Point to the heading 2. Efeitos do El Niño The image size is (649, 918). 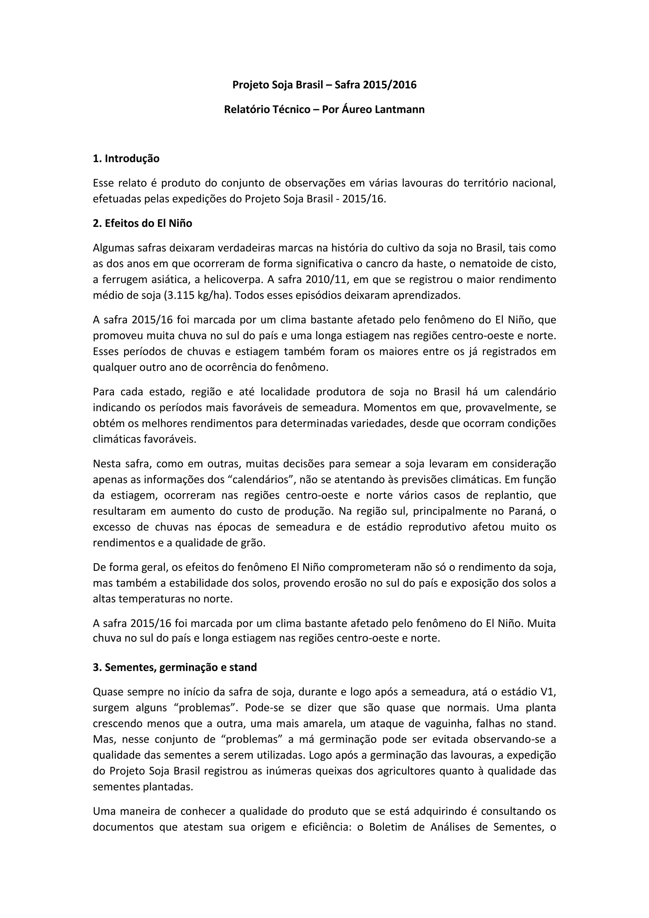click(x=142, y=223)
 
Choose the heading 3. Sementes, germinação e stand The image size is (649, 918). click(x=175, y=667)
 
